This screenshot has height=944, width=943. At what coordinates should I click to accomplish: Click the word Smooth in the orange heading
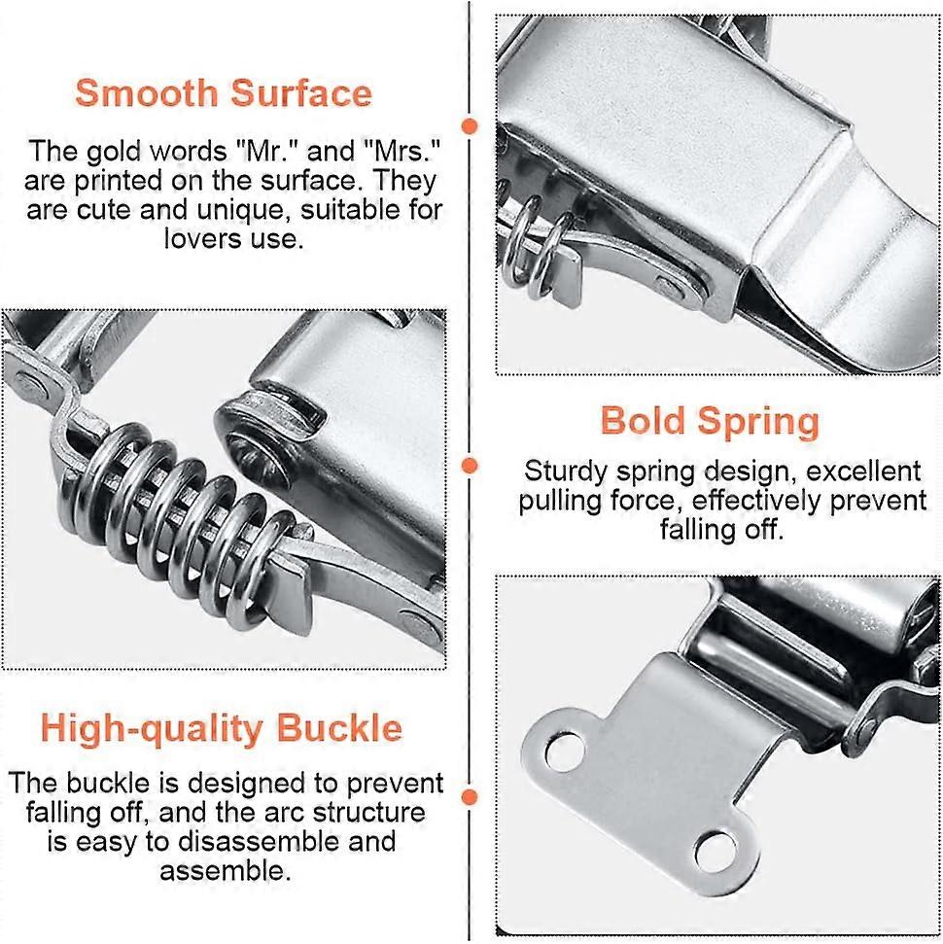(x=144, y=93)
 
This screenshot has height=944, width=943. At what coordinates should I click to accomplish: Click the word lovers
(x=199, y=238)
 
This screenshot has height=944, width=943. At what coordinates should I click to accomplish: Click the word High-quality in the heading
(x=152, y=728)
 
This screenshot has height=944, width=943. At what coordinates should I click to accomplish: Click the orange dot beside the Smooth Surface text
(x=471, y=126)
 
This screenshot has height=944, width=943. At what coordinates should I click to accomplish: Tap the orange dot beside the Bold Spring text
(x=471, y=467)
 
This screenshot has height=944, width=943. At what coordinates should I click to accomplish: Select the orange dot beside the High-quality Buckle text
(x=471, y=798)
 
